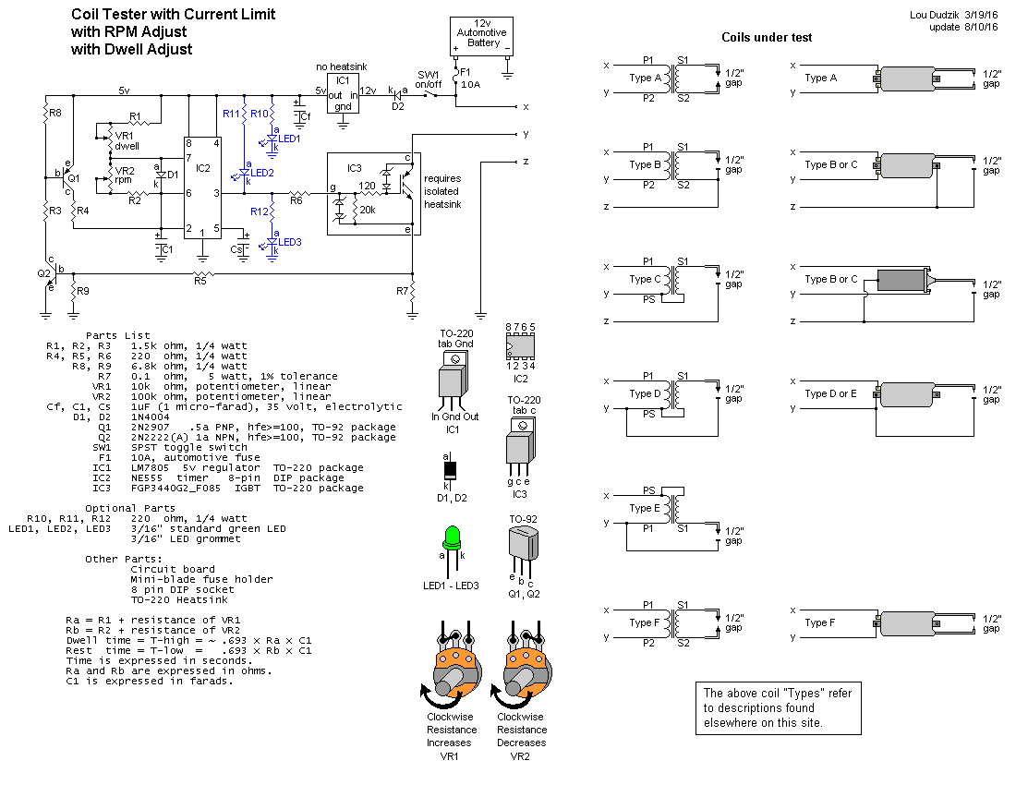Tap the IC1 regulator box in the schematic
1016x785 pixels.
343,92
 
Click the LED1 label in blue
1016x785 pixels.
290,138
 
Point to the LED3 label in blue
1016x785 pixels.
290,242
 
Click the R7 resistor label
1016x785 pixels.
402,291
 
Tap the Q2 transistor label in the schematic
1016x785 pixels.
43,273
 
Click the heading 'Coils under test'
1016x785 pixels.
767,37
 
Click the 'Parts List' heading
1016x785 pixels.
117,335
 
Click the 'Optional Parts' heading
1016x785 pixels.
129,508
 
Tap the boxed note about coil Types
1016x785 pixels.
778,707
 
